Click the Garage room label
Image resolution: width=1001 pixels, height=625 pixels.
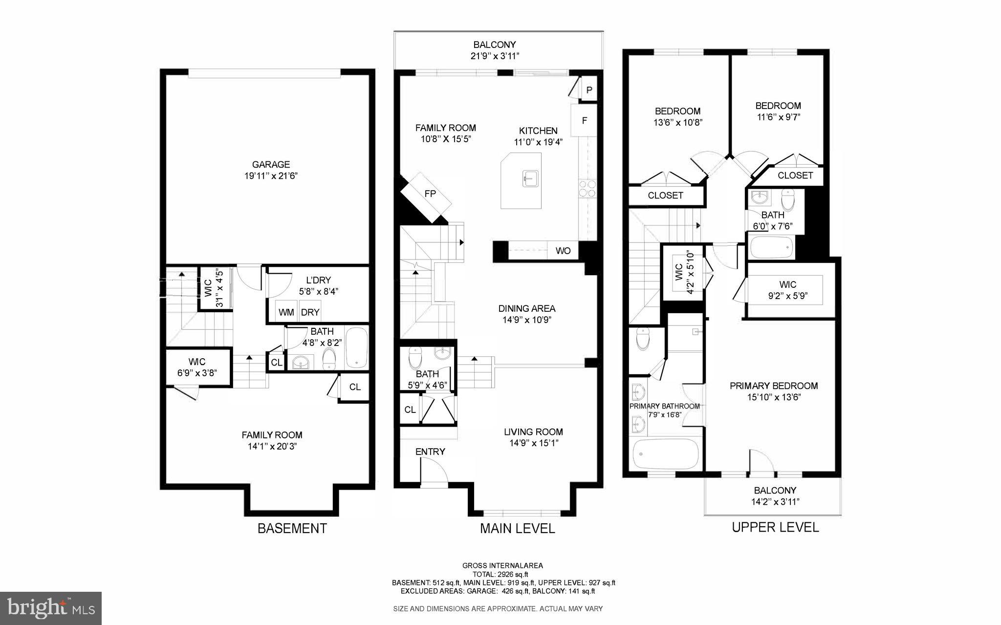tap(271, 165)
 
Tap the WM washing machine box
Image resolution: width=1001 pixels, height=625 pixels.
tap(286, 312)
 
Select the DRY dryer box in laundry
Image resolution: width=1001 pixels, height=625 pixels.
tap(310, 312)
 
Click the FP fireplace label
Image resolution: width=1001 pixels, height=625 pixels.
tap(430, 194)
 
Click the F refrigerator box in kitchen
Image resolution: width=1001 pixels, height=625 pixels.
tap(584, 120)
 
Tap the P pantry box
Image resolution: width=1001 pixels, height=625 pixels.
tap(589, 90)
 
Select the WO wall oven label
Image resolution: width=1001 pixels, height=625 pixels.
tap(563, 251)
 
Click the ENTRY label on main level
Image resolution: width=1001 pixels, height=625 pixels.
tap(430, 452)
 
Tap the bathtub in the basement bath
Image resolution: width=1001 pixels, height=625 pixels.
tap(357, 348)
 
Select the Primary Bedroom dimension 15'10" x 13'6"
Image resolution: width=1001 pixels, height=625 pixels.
tap(774, 397)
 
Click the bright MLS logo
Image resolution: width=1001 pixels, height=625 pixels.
tap(51, 608)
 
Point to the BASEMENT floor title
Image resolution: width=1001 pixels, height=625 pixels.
tap(292, 528)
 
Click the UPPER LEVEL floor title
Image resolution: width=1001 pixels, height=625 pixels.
tap(775, 527)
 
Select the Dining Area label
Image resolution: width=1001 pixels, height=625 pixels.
tap(526, 308)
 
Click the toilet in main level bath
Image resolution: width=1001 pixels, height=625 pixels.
tap(415, 358)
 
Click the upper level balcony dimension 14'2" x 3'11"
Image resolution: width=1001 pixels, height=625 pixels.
tap(775, 502)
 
